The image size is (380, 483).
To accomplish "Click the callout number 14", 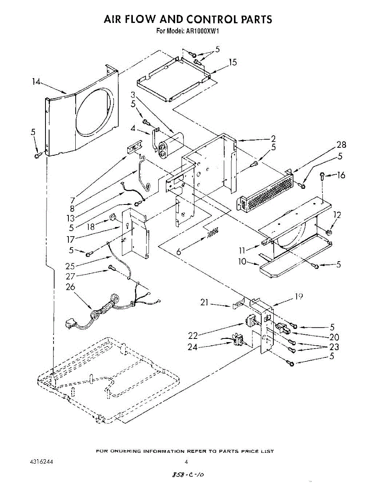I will tap(36, 82).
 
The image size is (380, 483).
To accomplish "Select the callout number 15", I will tap(233, 62).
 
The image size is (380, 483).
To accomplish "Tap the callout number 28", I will tap(341, 145).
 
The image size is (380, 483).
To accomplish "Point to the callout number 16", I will tap(341, 175).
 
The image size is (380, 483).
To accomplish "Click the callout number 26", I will tap(70, 287).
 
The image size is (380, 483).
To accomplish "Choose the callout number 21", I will tap(204, 303).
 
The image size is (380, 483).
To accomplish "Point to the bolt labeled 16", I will tap(322, 175).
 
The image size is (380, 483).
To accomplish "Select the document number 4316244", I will tap(41, 462).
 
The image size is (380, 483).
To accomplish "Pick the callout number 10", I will tap(242, 262).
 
